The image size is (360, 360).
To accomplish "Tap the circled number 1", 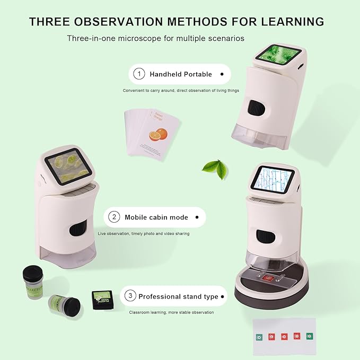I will (x=139, y=74).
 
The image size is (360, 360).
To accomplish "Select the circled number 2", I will (x=114, y=217).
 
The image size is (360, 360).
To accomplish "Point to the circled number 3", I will (x=130, y=296).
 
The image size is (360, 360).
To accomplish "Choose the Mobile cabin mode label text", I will (x=156, y=217).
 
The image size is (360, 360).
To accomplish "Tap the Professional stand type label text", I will (x=178, y=296).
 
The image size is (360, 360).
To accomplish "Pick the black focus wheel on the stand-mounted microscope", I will (x=264, y=238).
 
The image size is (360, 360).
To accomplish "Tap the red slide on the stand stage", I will (x=267, y=278).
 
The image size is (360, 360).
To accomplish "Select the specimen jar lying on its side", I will (x=64, y=306).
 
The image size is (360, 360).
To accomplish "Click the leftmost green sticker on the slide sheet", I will (x=259, y=337).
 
